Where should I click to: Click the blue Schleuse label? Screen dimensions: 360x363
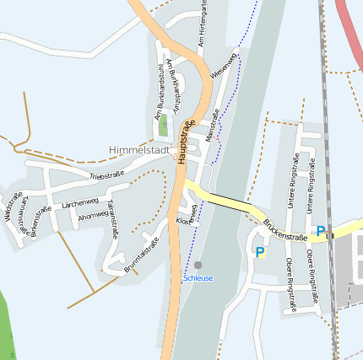coord(198,278)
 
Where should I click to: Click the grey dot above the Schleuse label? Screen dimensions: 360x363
coord(198,265)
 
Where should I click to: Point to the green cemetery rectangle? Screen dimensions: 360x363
coord(162,127)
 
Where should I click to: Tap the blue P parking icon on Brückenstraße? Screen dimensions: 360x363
coord(321,230)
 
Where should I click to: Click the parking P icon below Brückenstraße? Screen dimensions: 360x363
coord(260,251)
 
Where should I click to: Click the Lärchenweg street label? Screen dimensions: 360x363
coord(81,203)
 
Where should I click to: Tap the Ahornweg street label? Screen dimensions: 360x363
coord(93,216)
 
